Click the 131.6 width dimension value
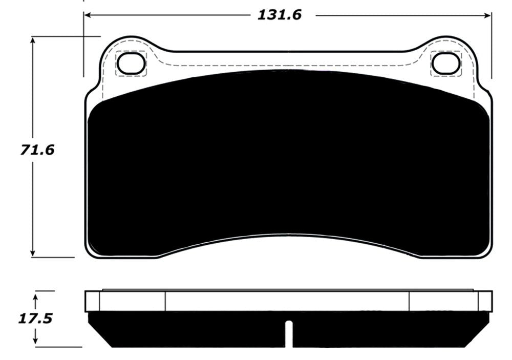tap(279, 15)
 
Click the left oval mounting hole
tap(132, 63)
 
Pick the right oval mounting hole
tap(445, 63)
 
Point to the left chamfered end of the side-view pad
tap(95, 328)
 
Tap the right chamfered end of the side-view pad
tap(482, 328)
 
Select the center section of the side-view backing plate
tap(287, 301)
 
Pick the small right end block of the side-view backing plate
tap(485, 301)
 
